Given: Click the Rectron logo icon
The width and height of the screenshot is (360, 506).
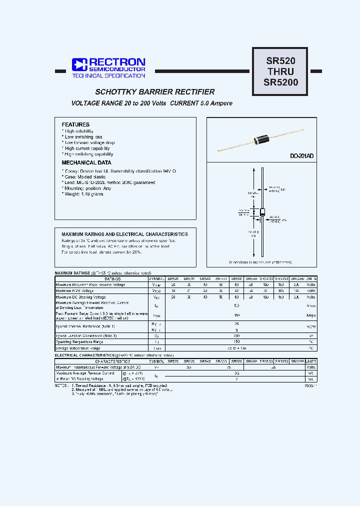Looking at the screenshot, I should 79,64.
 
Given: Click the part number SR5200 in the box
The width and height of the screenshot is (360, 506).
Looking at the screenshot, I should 280,82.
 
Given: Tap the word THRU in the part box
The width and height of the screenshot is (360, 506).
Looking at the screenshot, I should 280,71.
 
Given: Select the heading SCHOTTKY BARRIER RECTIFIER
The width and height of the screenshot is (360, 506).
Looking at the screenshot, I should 155,92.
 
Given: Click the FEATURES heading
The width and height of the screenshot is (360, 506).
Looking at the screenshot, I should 75,124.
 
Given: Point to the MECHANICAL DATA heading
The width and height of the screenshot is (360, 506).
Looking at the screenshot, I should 86,163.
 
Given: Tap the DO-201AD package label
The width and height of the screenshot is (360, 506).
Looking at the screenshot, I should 302,156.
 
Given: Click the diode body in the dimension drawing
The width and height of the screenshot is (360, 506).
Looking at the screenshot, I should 262,212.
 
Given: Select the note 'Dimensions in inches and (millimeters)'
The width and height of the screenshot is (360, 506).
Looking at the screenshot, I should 260,262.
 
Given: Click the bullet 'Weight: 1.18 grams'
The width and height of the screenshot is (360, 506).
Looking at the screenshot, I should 83,194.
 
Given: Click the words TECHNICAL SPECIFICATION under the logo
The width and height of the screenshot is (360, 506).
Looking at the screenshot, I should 108,76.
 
